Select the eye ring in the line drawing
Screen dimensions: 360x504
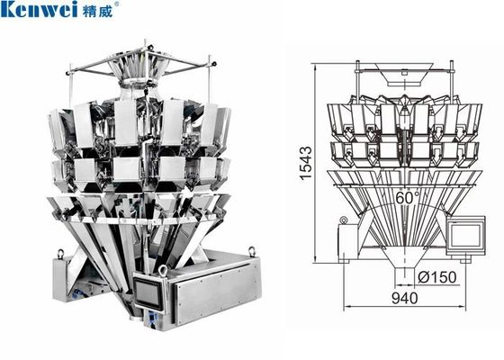(343, 220)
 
